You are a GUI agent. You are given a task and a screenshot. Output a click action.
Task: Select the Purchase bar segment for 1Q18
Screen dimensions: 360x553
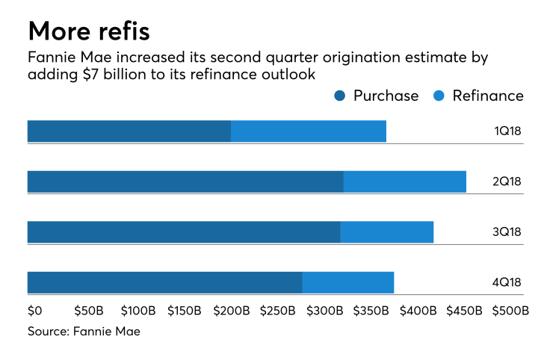[129, 131]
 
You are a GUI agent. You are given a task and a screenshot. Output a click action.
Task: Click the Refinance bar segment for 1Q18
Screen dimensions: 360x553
[309, 131]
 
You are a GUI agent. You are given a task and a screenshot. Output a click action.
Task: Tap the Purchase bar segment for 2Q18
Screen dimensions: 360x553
[185, 181]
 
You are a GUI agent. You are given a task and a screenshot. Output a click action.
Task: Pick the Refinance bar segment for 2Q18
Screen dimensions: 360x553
[404, 181]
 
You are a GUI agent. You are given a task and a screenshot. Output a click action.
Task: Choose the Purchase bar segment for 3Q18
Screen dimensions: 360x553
[184, 232]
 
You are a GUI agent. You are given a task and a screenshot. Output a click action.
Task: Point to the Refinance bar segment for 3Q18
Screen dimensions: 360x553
[387, 232]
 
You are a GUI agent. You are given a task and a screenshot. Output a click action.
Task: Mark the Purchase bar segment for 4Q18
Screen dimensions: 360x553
[164, 282]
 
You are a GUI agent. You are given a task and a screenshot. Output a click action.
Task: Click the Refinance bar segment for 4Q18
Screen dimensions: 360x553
[348, 282]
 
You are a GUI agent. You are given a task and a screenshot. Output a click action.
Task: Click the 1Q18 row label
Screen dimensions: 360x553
[507, 131]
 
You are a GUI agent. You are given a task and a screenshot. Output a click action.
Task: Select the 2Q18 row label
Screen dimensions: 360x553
[507, 181]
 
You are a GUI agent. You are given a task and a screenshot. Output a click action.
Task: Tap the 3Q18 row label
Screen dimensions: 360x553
[507, 232]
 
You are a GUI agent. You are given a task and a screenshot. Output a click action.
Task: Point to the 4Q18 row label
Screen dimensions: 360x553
[507, 282]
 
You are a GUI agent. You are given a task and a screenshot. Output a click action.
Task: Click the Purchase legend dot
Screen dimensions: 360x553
[340, 96]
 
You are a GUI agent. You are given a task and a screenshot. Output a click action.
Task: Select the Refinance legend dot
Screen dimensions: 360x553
[439, 96]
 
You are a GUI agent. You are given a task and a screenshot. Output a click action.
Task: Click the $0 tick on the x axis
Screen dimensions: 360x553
[35, 310]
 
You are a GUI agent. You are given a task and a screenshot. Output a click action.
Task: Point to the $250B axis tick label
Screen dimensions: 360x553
[276, 310]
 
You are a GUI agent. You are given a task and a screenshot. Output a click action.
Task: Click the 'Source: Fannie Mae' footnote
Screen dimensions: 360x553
[84, 331]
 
